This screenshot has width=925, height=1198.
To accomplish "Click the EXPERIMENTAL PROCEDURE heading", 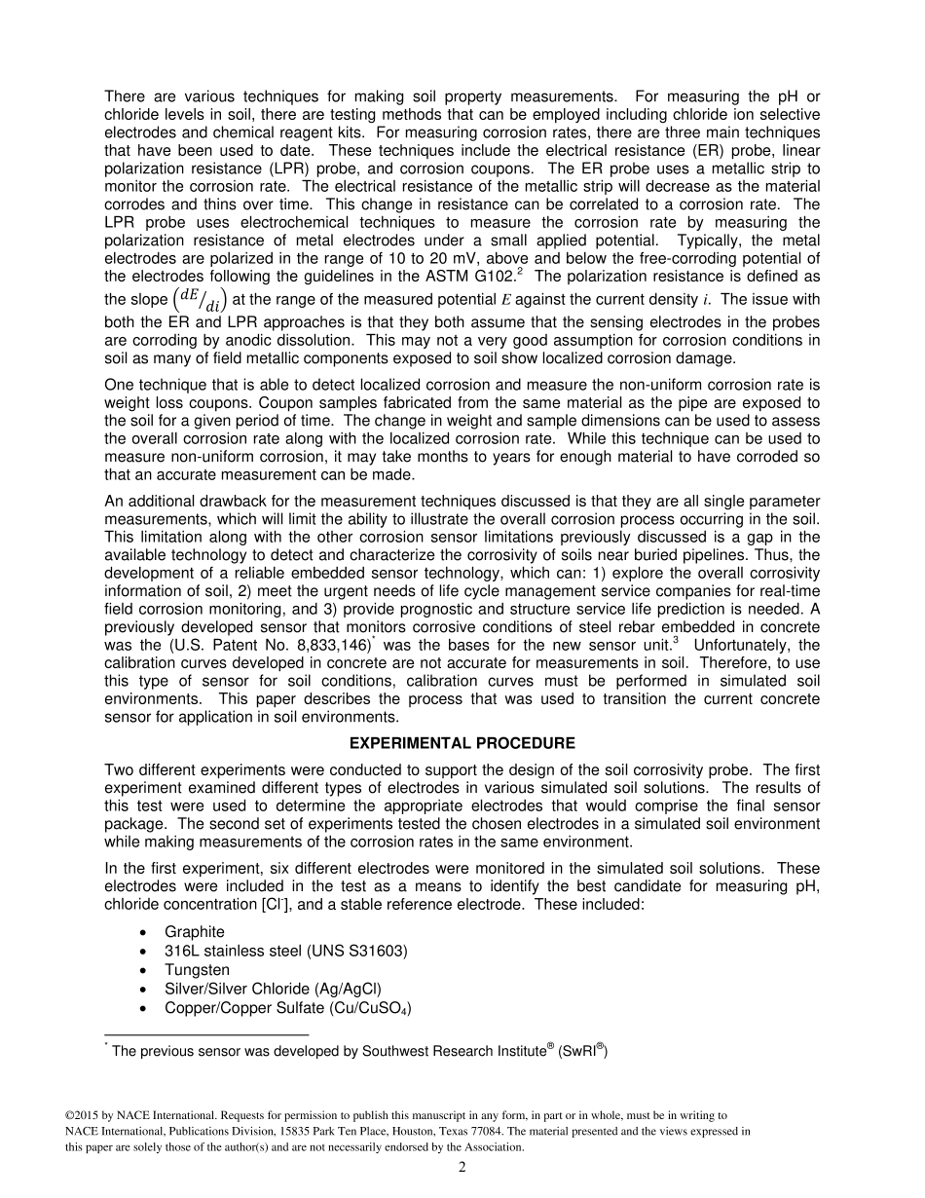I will tap(462, 743).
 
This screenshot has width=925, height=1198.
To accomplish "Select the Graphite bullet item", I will tap(194, 932).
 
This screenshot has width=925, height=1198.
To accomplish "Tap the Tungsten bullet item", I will tap(197, 970).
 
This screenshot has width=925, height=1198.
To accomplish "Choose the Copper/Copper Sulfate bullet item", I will tap(287, 1009).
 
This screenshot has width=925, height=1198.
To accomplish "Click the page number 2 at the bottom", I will tap(462, 1168).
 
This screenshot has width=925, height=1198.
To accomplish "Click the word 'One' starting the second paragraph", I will tap(119, 384).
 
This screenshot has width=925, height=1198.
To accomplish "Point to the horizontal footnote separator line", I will tap(205, 1034).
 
